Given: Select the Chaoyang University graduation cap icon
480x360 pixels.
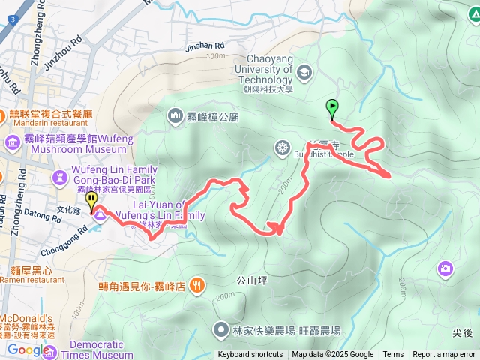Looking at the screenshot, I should (x=304, y=73).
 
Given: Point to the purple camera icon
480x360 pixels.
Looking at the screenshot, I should (x=445, y=268).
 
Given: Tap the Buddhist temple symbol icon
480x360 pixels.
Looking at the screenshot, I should (x=283, y=147).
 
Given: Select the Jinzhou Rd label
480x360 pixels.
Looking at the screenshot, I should (x=61, y=55).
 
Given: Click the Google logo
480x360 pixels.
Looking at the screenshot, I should (x=28, y=349).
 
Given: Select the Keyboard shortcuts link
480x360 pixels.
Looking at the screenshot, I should (x=250, y=355).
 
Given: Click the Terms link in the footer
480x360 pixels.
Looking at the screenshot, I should (x=393, y=355).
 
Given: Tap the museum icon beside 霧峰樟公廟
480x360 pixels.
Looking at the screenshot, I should (x=175, y=115).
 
